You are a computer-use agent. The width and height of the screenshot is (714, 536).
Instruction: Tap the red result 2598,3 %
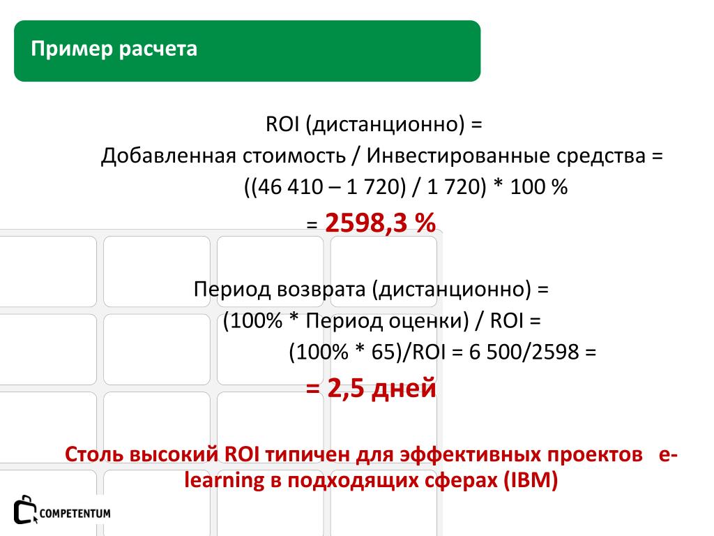pos(380,223)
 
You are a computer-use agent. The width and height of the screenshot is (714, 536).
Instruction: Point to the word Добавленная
pos(168,156)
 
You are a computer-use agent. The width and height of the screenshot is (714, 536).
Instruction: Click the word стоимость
pos(294,156)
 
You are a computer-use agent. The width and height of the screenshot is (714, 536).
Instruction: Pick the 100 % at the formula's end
pos(539,187)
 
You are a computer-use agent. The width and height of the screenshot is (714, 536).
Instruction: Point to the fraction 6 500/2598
pos(524,352)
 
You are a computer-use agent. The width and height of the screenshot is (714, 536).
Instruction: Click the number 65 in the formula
pos(383,352)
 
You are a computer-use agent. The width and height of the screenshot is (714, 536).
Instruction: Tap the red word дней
pos(404,388)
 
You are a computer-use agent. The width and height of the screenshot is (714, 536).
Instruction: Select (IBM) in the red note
pos(531,480)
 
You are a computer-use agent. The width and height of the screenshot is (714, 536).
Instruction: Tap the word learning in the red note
pos(225,481)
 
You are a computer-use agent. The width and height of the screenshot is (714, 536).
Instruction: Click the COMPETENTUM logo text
pos(75,514)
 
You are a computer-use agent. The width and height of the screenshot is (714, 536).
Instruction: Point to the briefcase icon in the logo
pos(24,509)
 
